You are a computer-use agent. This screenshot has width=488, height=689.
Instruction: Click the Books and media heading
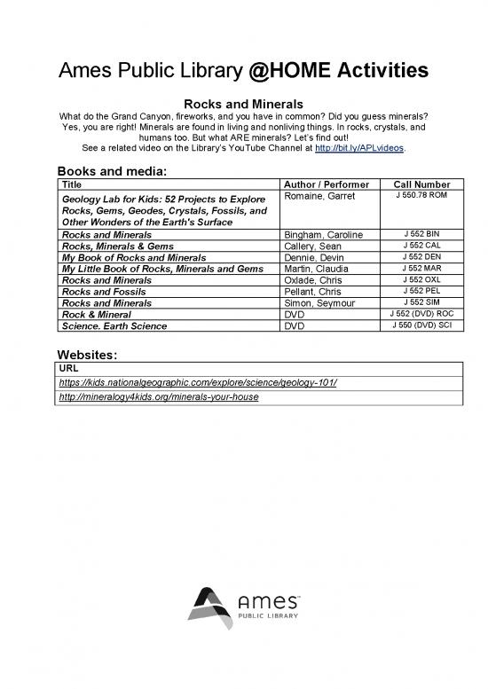[x=112, y=170]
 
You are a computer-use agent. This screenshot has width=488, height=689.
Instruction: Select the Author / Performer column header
[x=325, y=184]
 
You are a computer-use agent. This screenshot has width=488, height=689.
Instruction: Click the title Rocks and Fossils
[x=103, y=292]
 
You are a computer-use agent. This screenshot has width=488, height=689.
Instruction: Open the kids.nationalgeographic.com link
[x=197, y=382]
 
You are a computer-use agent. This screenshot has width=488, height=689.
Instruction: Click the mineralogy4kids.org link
[x=157, y=397]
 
